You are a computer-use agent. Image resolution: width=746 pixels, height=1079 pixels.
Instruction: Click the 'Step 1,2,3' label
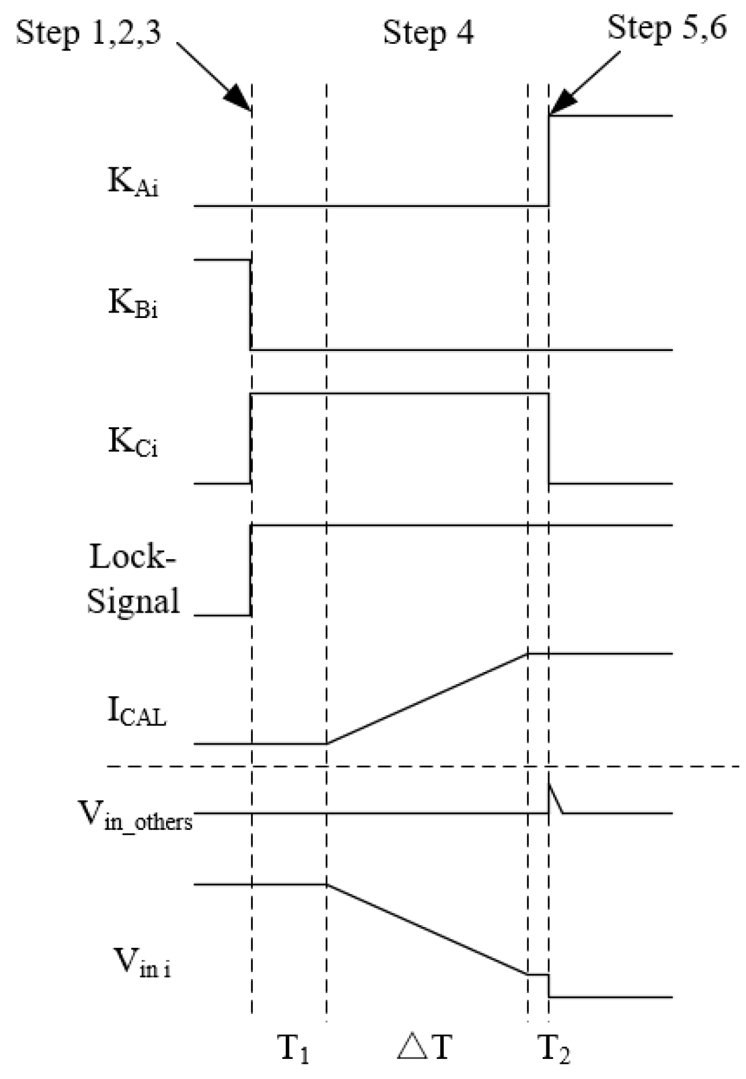(89, 32)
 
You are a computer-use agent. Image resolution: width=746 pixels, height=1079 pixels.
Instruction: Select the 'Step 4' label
(428, 32)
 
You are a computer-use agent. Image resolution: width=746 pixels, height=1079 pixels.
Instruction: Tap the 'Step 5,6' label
(667, 28)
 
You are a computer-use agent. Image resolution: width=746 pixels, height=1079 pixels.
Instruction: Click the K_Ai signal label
(133, 182)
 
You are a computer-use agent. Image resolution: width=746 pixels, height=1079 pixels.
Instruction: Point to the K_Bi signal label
(133, 303)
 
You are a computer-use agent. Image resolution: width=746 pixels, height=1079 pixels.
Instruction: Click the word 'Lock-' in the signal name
(132, 557)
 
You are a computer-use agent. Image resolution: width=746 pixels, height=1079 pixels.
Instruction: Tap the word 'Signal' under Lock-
(133, 601)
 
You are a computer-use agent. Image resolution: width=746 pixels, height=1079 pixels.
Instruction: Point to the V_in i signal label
(142, 962)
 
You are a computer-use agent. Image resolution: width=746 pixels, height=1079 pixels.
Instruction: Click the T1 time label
(294, 1048)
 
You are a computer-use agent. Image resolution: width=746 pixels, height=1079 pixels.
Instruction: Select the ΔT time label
(424, 1047)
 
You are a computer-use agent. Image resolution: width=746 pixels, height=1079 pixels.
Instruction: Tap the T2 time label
(554, 1048)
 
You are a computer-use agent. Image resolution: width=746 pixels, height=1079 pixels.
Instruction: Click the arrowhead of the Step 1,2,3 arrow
(241, 101)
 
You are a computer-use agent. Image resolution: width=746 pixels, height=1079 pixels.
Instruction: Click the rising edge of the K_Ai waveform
(549, 160)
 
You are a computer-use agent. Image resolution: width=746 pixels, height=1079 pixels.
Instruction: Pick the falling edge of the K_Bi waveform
(250, 305)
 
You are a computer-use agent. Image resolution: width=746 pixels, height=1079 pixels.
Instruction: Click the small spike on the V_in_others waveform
(553, 796)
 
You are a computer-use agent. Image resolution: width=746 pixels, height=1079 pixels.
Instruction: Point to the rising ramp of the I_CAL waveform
(427, 698)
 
